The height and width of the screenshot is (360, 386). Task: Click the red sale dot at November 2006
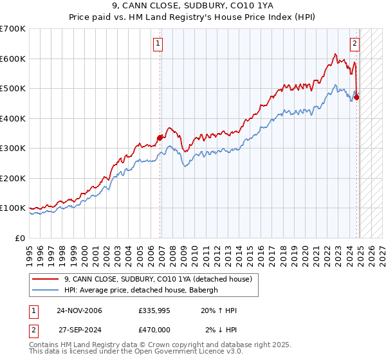pyautogui.click(x=160, y=137)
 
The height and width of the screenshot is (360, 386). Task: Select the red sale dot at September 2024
pyautogui.click(x=357, y=97)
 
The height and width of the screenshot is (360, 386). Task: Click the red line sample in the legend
pyautogui.click(x=45, y=279)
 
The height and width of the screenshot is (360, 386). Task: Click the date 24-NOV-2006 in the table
pyautogui.click(x=79, y=311)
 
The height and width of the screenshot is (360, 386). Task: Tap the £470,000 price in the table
pyautogui.click(x=154, y=329)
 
